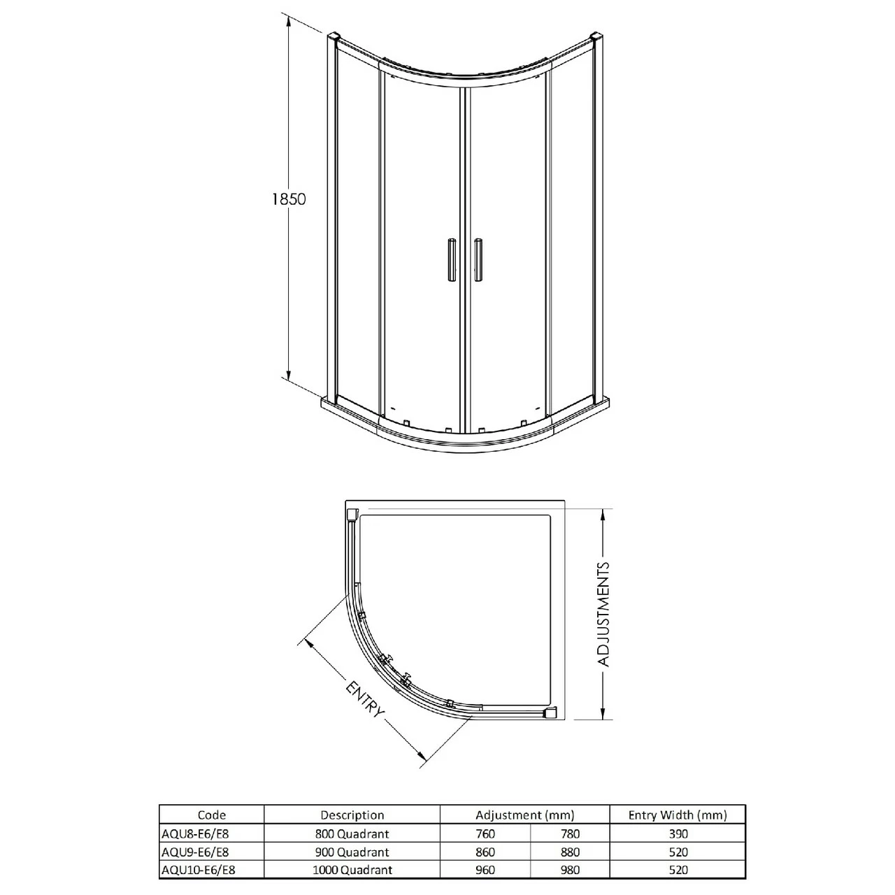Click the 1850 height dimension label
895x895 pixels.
click(289, 199)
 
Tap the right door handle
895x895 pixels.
click(478, 260)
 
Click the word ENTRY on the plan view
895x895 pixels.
click(365, 700)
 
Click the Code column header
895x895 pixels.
click(212, 815)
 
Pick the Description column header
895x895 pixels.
click(352, 815)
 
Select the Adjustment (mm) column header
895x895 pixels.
click(524, 815)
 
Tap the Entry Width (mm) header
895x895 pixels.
click(677, 815)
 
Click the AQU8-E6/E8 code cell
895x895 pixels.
click(195, 833)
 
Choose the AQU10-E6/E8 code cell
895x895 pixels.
click(198, 870)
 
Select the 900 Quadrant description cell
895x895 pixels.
click(352, 852)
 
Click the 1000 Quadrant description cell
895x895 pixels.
click(352, 870)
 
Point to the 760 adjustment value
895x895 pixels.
click(485, 833)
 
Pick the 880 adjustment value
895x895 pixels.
click(570, 852)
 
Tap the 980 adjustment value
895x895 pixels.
click(570, 870)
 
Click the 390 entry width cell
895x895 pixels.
click(678, 833)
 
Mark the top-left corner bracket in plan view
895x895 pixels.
click(352, 515)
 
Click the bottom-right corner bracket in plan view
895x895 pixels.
click(552, 713)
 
